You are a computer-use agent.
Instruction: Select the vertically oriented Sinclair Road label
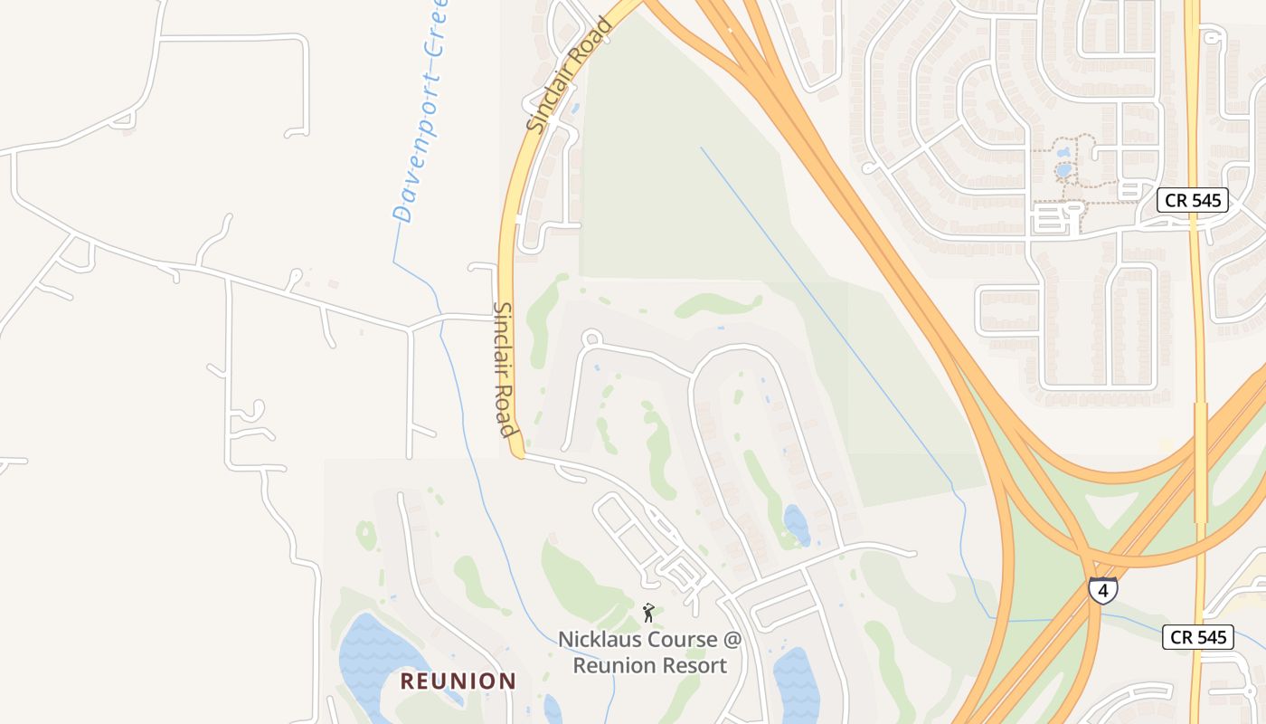pos(505,369)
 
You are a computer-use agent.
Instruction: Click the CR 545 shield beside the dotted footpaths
pos(1194,200)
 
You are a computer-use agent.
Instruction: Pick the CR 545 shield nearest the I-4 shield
pos(1199,637)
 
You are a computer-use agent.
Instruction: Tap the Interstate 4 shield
pos(1103,589)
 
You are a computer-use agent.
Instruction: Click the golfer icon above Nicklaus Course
pos(648,614)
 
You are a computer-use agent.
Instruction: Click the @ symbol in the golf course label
pos(732,640)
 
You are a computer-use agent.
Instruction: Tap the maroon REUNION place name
pos(458,681)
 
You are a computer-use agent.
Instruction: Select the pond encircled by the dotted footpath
pos(1063,169)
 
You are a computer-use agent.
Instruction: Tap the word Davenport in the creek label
pos(411,163)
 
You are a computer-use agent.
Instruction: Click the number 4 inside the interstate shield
pos(1103,590)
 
